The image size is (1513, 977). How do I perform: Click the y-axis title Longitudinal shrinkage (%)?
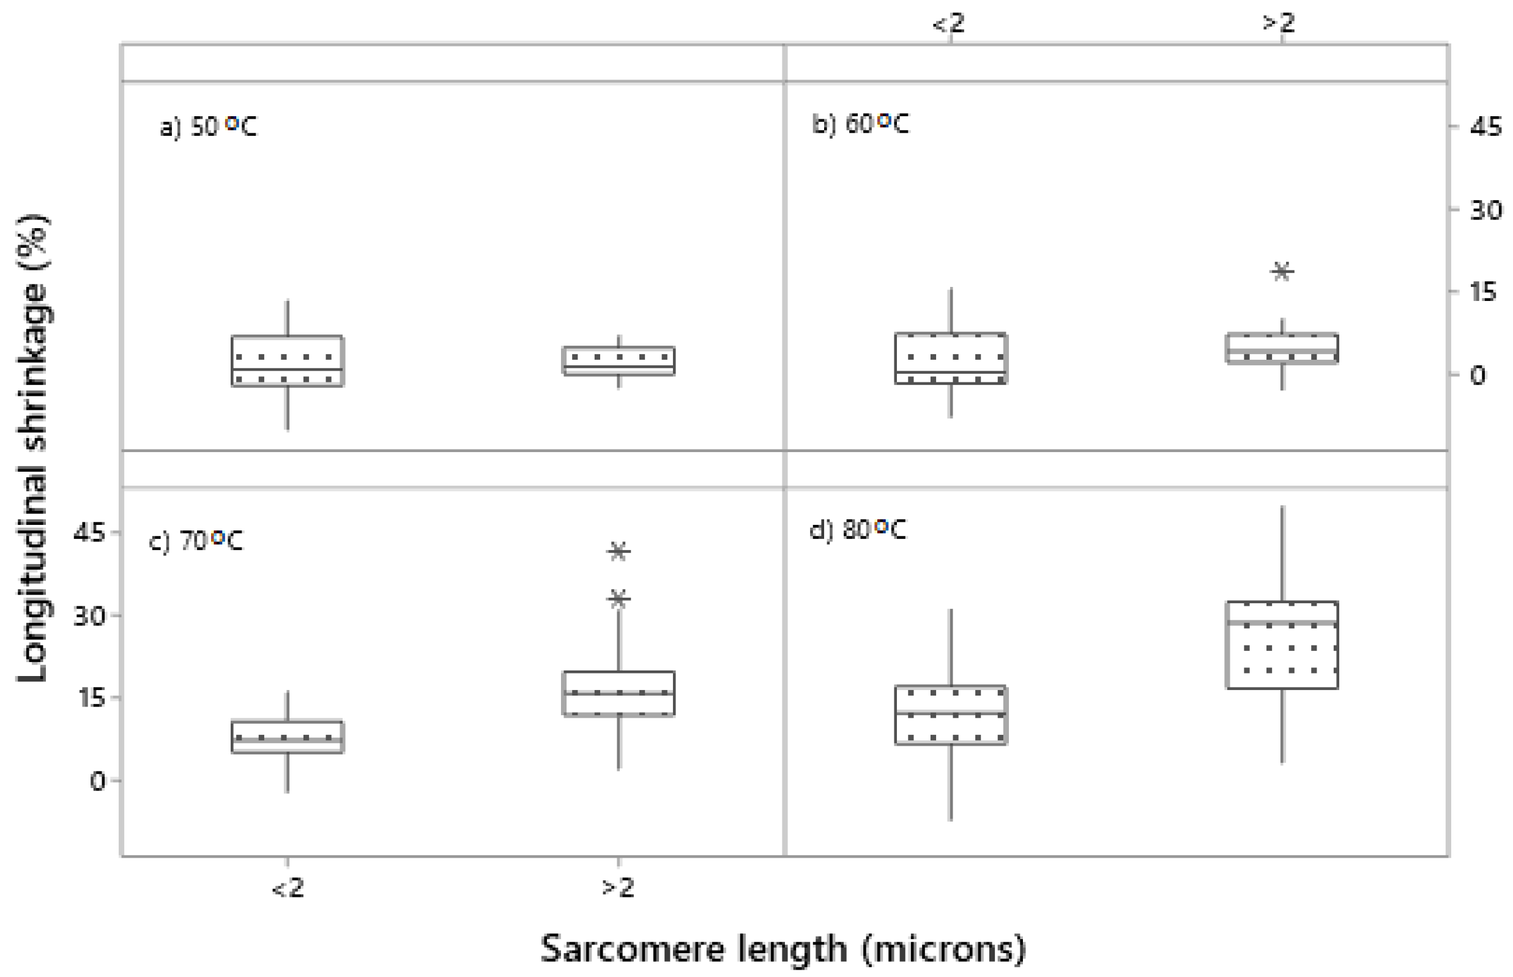[33, 447]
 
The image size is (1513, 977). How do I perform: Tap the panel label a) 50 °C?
[208, 126]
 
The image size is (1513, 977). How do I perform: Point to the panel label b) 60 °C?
[860, 124]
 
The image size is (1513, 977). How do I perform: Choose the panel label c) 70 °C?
[195, 541]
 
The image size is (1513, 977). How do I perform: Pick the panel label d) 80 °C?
[858, 529]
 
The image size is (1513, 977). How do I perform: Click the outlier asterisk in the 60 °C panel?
[1282, 272]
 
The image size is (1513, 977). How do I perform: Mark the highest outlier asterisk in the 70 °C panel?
[619, 551]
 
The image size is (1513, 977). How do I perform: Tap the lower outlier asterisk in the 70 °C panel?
[619, 599]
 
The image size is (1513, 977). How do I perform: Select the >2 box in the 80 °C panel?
[1282, 645]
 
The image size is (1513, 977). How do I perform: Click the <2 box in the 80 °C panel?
[951, 715]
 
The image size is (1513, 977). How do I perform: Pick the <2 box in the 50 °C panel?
[288, 361]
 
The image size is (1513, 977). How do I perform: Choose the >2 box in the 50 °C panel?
[619, 361]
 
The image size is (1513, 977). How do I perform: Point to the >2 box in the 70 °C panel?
[619, 693]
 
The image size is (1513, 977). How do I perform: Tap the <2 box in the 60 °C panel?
[951, 358]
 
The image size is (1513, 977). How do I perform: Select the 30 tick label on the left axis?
[89, 615]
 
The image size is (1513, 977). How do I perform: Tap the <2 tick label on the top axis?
[948, 23]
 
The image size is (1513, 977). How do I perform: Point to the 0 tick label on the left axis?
[97, 781]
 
